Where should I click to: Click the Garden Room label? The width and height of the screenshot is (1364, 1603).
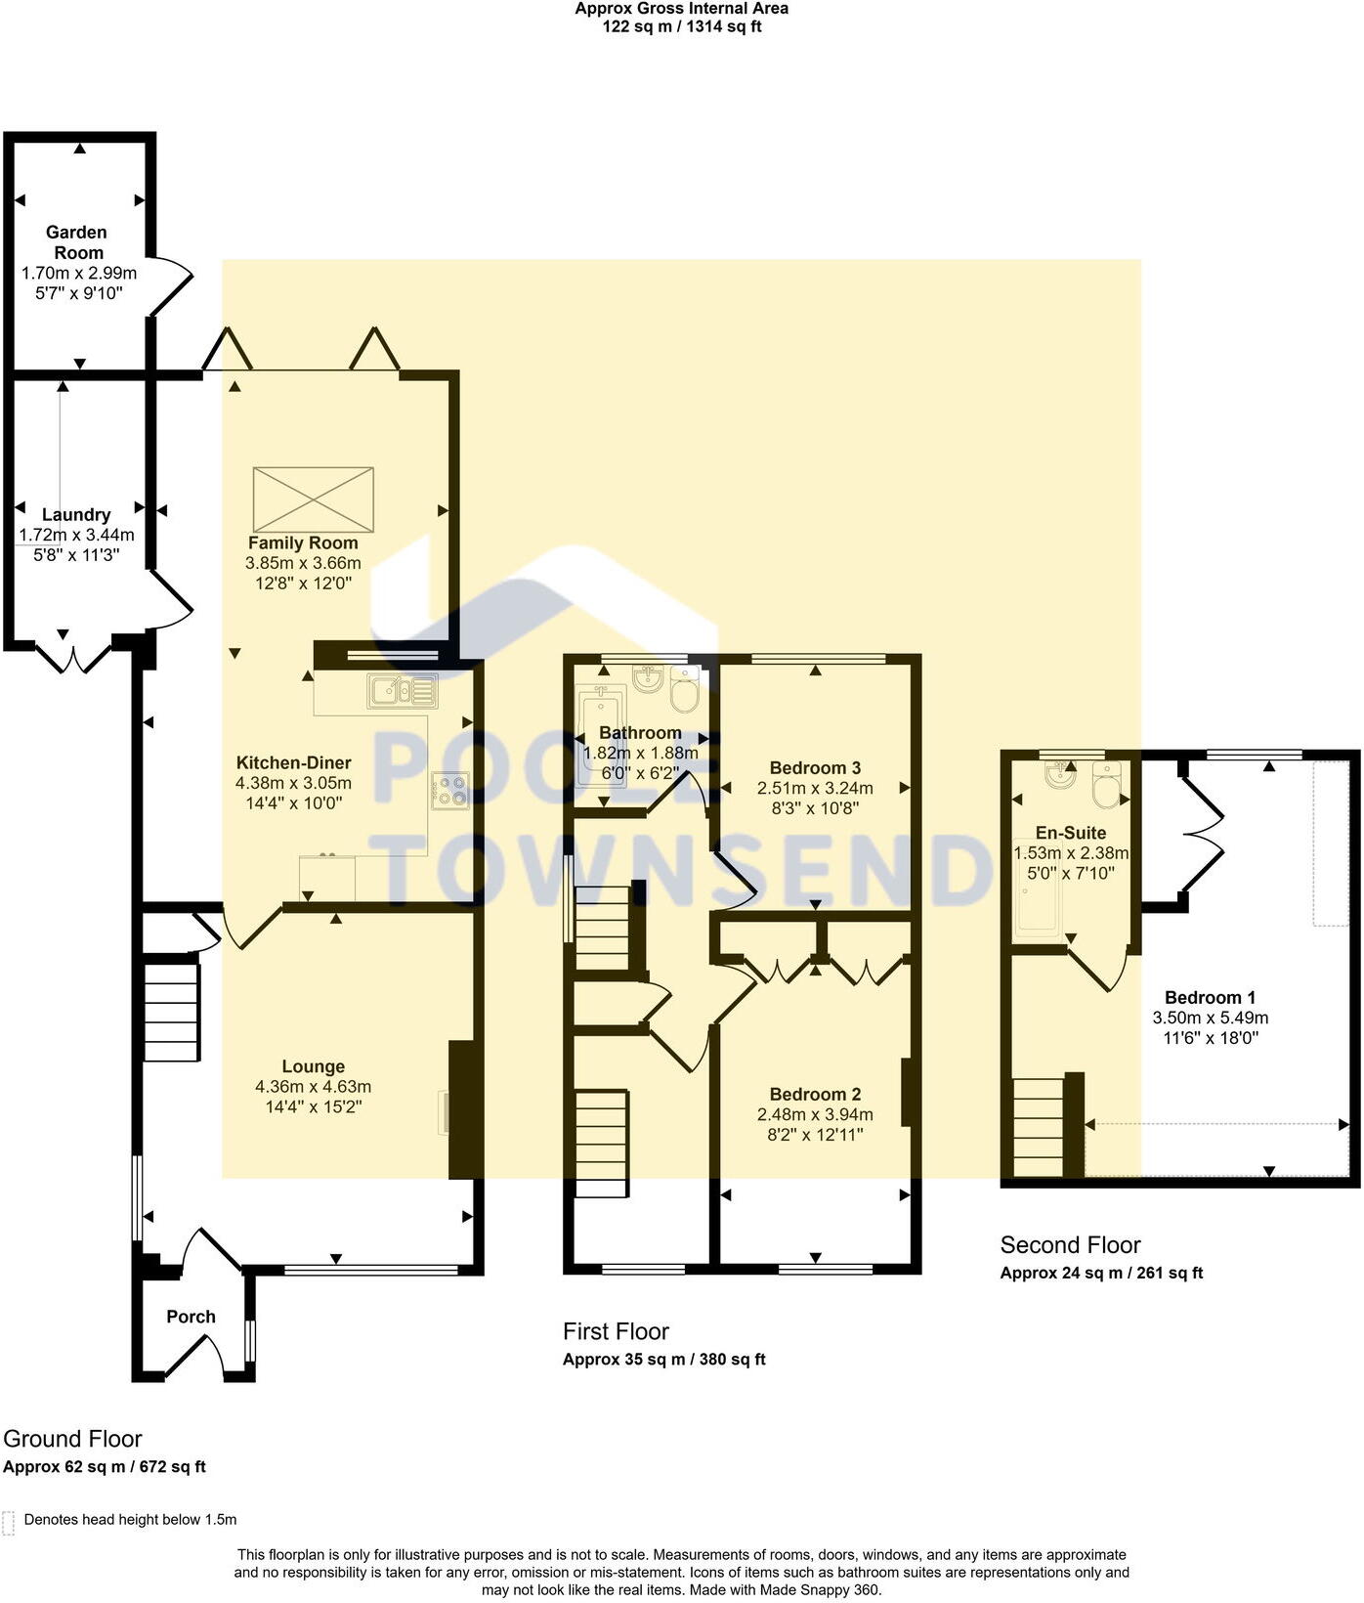78,242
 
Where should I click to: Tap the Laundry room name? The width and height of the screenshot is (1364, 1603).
76,515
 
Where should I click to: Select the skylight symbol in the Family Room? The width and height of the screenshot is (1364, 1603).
313,499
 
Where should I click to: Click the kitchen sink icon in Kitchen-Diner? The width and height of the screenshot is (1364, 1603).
403,691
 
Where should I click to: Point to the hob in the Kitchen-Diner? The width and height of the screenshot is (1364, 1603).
450,791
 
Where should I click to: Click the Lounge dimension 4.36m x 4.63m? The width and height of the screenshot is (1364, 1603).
313,1087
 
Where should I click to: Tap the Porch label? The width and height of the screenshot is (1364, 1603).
191,1317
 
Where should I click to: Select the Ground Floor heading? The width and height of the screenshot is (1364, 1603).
72,1439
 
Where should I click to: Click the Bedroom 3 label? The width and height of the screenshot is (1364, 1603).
815,768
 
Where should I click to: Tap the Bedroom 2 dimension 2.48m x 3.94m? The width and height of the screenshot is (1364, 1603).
815,1115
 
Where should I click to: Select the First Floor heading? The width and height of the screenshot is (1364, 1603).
616,1331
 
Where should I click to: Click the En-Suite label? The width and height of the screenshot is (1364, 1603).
1071,833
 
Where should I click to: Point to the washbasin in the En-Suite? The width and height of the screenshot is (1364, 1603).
1058,776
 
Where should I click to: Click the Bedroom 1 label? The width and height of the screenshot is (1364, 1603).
1210,998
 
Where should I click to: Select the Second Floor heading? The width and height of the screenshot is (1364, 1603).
1070,1245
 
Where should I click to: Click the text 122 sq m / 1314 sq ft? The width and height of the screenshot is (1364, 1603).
681,27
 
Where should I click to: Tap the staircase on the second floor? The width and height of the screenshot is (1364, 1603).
1038,1127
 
